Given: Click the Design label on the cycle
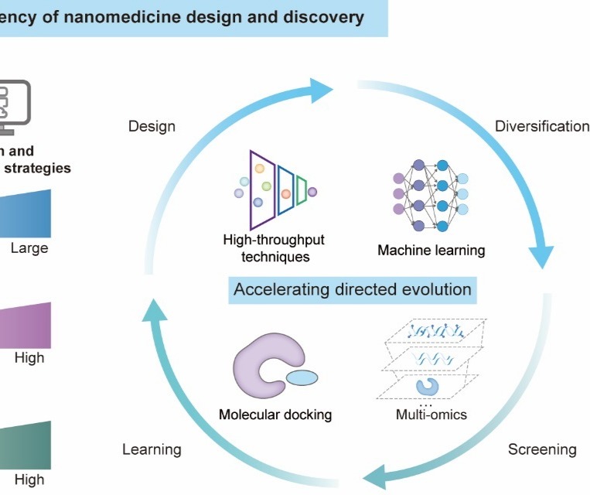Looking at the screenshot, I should tap(152, 126).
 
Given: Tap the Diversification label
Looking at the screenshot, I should tap(542, 126).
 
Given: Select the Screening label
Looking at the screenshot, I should tap(542, 449).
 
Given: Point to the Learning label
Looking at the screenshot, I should tap(152, 449).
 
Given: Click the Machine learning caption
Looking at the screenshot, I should tap(431, 250).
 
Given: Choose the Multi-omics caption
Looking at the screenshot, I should tap(431, 415).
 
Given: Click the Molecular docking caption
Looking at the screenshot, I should tap(275, 415).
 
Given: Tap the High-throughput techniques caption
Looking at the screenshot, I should tap(275, 248).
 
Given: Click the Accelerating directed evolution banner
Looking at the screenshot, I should tap(353, 289).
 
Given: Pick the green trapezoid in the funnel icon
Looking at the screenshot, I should tap(302, 191).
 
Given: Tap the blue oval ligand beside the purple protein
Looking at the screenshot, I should tap(302, 377).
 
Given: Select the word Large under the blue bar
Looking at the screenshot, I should tap(29, 248).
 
